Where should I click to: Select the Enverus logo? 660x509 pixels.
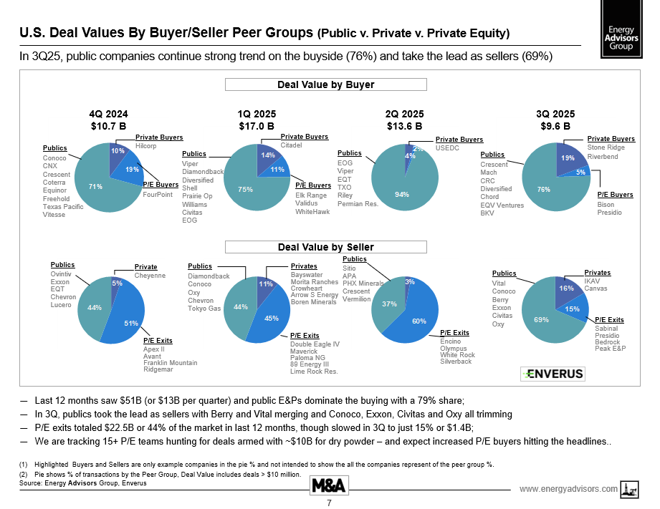coord(553,374)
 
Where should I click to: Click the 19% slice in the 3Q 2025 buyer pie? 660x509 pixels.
coord(568,158)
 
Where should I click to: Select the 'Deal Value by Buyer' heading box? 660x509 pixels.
coord(326,84)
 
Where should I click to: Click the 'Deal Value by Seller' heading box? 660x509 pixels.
coord(326,247)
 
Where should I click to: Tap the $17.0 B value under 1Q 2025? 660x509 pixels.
coord(257,126)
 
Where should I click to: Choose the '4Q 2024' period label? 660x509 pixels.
coord(109,114)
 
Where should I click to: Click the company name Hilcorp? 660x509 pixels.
coord(146,145)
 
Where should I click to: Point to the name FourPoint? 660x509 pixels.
coord(158,194)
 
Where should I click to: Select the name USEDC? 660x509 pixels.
coord(448,148)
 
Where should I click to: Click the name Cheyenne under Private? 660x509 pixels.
coord(150,276)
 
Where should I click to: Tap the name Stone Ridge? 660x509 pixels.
coord(605,147)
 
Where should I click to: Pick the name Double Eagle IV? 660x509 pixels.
coord(315,344)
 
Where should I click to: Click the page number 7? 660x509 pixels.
coord(329,503)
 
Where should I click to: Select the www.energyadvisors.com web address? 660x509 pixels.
coord(568,489)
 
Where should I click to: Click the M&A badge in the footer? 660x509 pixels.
coord(329,485)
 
